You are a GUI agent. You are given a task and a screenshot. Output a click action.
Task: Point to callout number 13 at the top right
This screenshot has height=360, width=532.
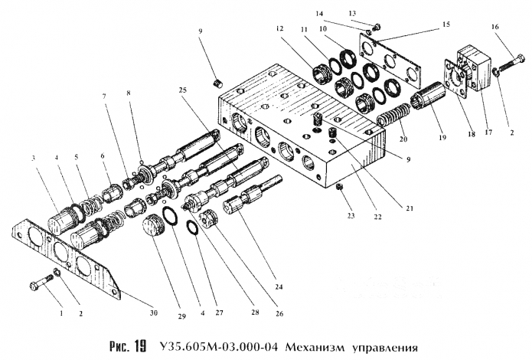coord(374,14)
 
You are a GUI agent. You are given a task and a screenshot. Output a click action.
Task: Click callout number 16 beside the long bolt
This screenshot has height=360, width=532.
coord(496,26)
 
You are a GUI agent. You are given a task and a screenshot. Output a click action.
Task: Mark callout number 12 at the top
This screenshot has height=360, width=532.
coord(281,28)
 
